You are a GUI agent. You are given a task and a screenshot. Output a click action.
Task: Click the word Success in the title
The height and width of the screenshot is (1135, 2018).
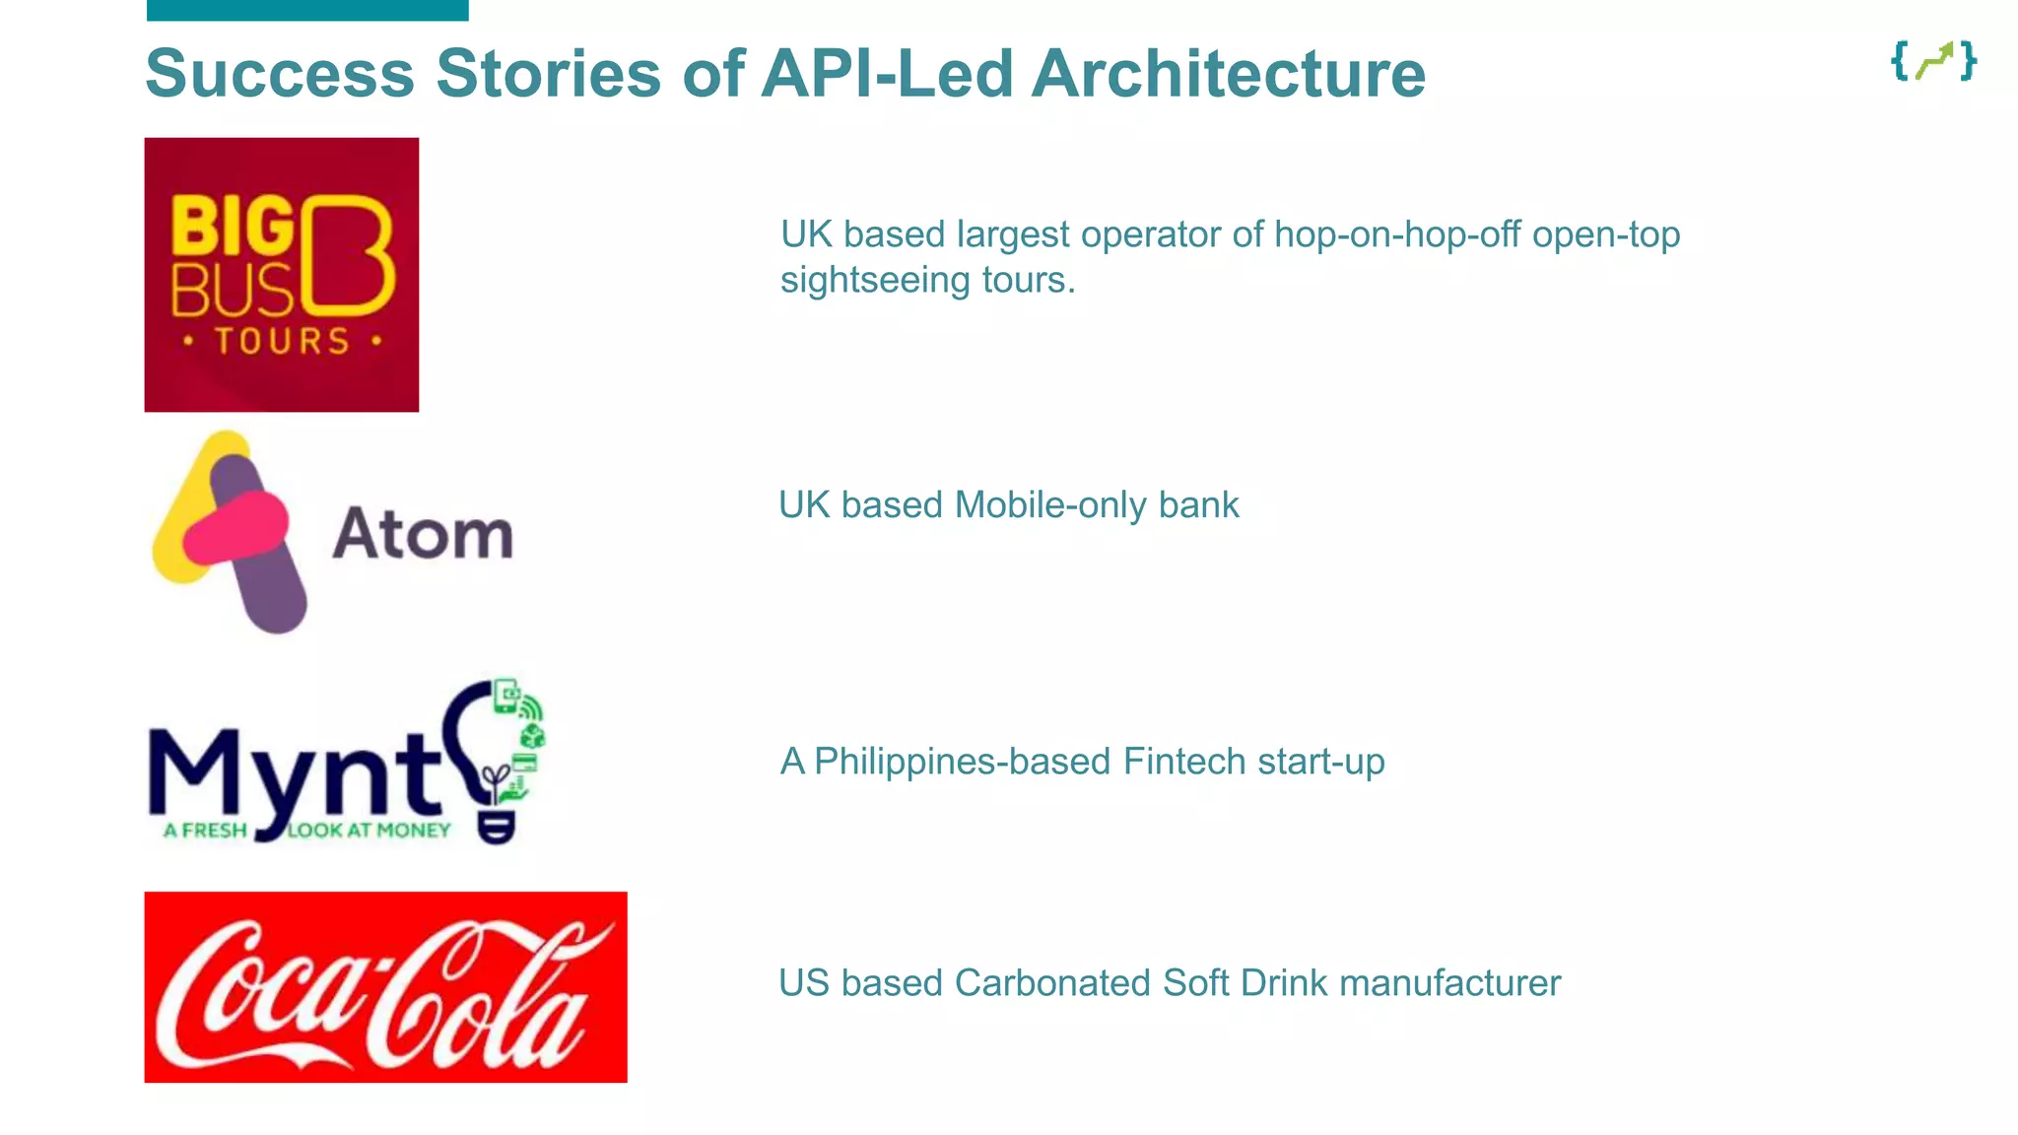(280, 74)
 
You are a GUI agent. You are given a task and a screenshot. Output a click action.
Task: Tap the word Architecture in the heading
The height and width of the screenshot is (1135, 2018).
(1228, 74)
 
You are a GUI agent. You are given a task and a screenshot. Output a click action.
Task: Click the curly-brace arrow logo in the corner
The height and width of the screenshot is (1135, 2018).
(1933, 61)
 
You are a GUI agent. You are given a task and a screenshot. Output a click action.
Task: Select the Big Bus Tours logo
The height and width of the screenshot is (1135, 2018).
(281, 275)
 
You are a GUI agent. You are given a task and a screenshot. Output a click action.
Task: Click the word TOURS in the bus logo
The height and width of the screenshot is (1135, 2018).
(282, 342)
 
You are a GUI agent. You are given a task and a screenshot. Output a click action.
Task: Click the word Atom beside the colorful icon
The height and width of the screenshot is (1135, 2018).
(423, 535)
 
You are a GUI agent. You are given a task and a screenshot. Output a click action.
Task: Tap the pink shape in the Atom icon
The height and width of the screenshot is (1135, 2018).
(236, 529)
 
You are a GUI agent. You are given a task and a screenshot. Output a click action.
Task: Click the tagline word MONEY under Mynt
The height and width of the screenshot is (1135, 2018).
(413, 831)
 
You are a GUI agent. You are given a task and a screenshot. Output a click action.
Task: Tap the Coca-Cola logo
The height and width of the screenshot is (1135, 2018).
(385, 987)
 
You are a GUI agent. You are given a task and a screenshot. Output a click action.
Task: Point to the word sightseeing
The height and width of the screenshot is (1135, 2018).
(875, 281)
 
